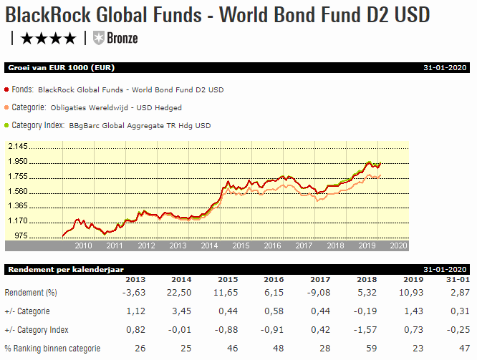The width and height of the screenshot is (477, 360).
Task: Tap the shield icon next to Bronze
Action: [99, 38]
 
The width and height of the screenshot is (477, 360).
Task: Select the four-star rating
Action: [48, 38]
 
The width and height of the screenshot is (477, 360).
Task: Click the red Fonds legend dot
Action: [7, 90]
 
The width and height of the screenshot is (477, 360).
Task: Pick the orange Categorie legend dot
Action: [7, 107]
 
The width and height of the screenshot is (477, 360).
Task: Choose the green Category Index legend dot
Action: [7, 125]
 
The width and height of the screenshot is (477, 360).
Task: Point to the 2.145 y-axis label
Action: [17, 147]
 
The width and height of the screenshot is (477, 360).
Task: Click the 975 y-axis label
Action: [20, 236]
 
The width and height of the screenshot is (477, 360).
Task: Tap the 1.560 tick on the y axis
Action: [17, 191]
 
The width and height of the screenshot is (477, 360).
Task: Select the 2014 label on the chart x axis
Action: [210, 245]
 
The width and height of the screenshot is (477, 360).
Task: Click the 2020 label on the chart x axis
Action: [398, 245]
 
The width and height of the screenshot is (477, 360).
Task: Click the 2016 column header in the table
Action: [274, 279]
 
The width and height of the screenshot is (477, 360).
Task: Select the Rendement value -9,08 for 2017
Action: [318, 293]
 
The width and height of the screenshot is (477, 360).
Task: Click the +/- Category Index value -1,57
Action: [365, 330]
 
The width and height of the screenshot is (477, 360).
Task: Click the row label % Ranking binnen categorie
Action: [52, 349]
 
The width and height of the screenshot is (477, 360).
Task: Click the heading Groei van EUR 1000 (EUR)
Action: [61, 68]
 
